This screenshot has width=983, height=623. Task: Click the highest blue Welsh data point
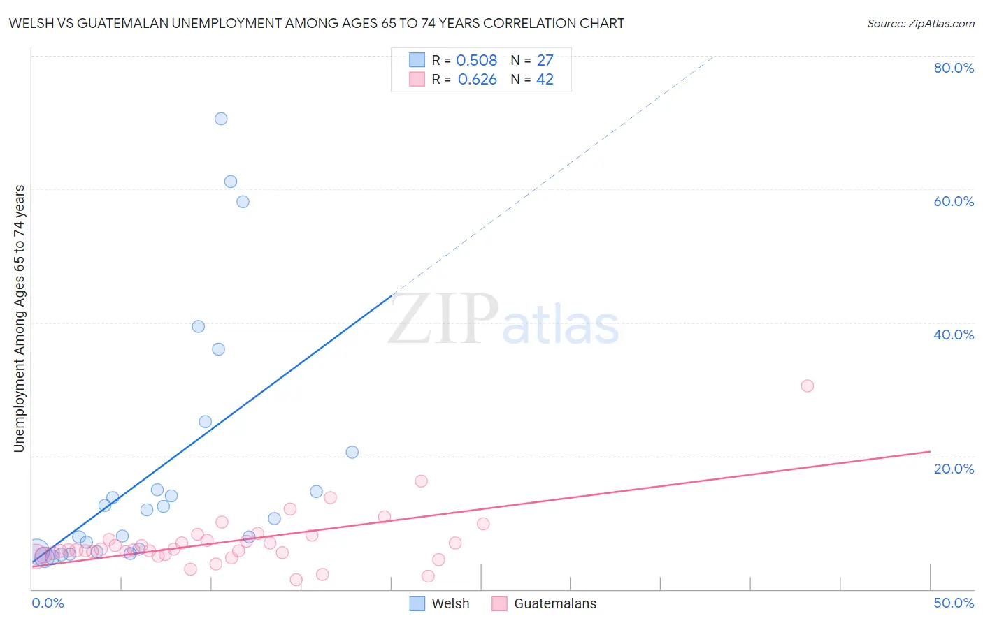pyautogui.click(x=221, y=119)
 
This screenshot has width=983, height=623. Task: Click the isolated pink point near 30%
pyautogui.click(x=808, y=386)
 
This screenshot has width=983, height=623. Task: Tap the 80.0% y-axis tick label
pyautogui.click(x=954, y=68)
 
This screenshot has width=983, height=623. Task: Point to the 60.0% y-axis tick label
pyautogui.click(x=954, y=201)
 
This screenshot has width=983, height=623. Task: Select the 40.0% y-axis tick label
pyautogui.click(x=954, y=335)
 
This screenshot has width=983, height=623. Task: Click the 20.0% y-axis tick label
pyautogui.click(x=954, y=469)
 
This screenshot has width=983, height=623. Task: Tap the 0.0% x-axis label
pyautogui.click(x=48, y=603)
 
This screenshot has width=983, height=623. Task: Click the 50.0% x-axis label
pyautogui.click(x=954, y=603)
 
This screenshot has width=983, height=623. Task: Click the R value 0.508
pyautogui.click(x=477, y=61)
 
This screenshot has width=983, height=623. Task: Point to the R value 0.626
pyautogui.click(x=478, y=80)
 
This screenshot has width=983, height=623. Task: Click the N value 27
pyautogui.click(x=545, y=61)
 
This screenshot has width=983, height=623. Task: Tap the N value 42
pyautogui.click(x=545, y=80)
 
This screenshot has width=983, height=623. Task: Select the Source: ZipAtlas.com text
pyautogui.click(x=920, y=24)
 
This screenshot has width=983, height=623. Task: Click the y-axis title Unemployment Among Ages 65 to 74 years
pyautogui.click(x=19, y=318)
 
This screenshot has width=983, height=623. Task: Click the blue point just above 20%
pyautogui.click(x=352, y=452)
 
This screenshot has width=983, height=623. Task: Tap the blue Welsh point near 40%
pyautogui.click(x=199, y=326)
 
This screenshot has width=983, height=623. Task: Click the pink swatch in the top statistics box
pyautogui.click(x=417, y=79)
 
